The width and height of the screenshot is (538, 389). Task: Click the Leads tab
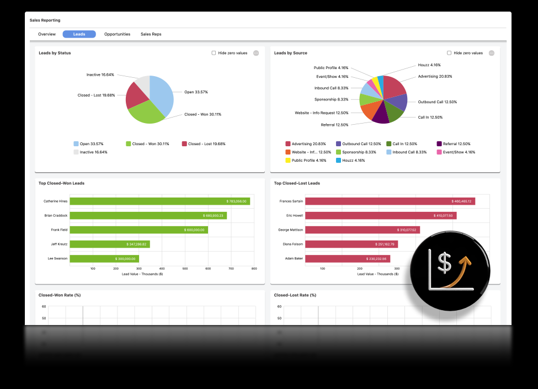coord(79,34)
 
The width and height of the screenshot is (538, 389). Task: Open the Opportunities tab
coord(117,34)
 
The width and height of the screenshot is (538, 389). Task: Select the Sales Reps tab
coord(151,34)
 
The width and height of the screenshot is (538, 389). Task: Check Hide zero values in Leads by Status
coord(214,53)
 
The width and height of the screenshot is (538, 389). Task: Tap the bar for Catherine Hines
coord(159,201)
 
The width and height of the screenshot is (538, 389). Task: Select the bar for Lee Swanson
coord(104,258)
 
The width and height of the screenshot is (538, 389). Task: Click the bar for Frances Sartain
coord(390,201)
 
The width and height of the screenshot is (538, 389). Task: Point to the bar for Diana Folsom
coord(351,244)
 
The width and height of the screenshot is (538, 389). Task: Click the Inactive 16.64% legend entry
coord(93,152)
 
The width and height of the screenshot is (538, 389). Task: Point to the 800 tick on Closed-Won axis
coord(254,269)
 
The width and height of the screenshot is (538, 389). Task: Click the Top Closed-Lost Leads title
coord(297,183)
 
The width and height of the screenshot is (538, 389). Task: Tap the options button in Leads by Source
coord(492,53)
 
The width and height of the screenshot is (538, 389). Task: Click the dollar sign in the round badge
coord(445,263)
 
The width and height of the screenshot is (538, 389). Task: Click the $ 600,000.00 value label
coord(194,230)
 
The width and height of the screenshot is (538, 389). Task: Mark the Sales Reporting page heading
coord(45,20)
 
